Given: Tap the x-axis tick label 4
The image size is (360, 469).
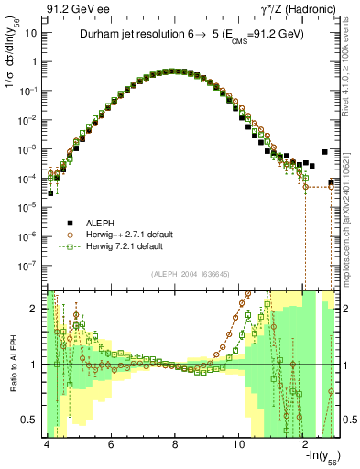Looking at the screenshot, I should pos(46,444).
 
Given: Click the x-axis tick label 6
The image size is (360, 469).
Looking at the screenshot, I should pos(111,444).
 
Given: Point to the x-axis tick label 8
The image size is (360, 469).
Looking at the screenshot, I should pos(175,444).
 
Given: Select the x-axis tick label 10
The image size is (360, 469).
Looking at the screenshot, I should pos(239,444).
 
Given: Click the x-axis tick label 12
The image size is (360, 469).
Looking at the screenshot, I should pos(304,444).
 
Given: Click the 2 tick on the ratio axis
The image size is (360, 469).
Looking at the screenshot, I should pos(35,309).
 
